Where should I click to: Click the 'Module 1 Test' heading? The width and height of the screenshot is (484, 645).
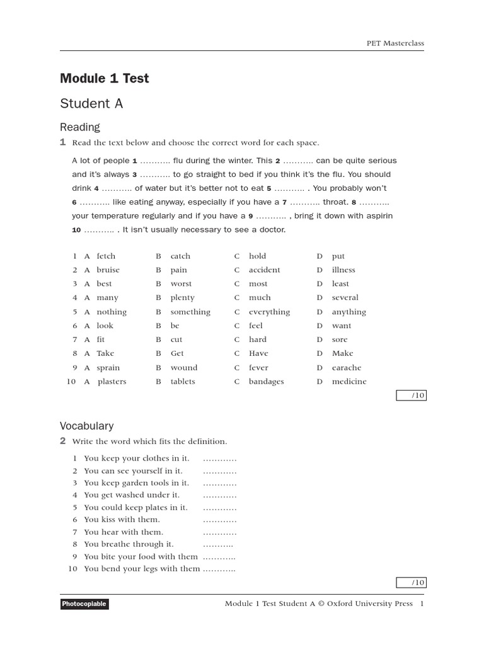click(x=104, y=79)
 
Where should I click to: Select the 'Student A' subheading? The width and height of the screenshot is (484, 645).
click(x=91, y=104)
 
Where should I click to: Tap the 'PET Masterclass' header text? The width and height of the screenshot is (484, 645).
click(x=395, y=43)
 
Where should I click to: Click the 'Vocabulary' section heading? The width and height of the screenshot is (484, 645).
click(x=86, y=426)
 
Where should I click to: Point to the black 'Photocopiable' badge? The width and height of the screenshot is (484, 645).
click(x=84, y=604)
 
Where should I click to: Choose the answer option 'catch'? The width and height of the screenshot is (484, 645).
click(x=180, y=256)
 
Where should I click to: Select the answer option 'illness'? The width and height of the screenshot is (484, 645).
click(x=343, y=270)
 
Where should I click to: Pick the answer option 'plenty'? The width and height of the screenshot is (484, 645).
click(x=182, y=298)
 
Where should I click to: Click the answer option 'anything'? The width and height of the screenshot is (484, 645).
click(x=349, y=312)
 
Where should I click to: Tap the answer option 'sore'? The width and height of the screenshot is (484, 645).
click(x=340, y=340)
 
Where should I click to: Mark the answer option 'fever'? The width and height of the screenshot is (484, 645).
click(x=258, y=368)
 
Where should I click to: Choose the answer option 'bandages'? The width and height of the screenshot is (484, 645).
click(x=266, y=382)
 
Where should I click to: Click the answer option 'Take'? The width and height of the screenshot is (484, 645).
click(x=105, y=353)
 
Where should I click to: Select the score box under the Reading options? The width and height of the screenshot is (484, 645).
click(x=411, y=396)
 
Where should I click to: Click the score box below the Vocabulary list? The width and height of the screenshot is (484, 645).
click(x=411, y=583)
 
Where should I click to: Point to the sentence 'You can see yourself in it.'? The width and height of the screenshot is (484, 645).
click(x=133, y=471)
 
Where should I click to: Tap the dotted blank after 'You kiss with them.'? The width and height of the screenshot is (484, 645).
click(x=219, y=520)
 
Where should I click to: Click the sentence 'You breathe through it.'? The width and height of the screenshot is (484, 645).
click(x=129, y=544)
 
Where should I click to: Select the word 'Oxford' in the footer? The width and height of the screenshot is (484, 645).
click(x=340, y=604)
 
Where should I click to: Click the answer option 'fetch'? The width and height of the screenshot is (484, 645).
click(x=106, y=256)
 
